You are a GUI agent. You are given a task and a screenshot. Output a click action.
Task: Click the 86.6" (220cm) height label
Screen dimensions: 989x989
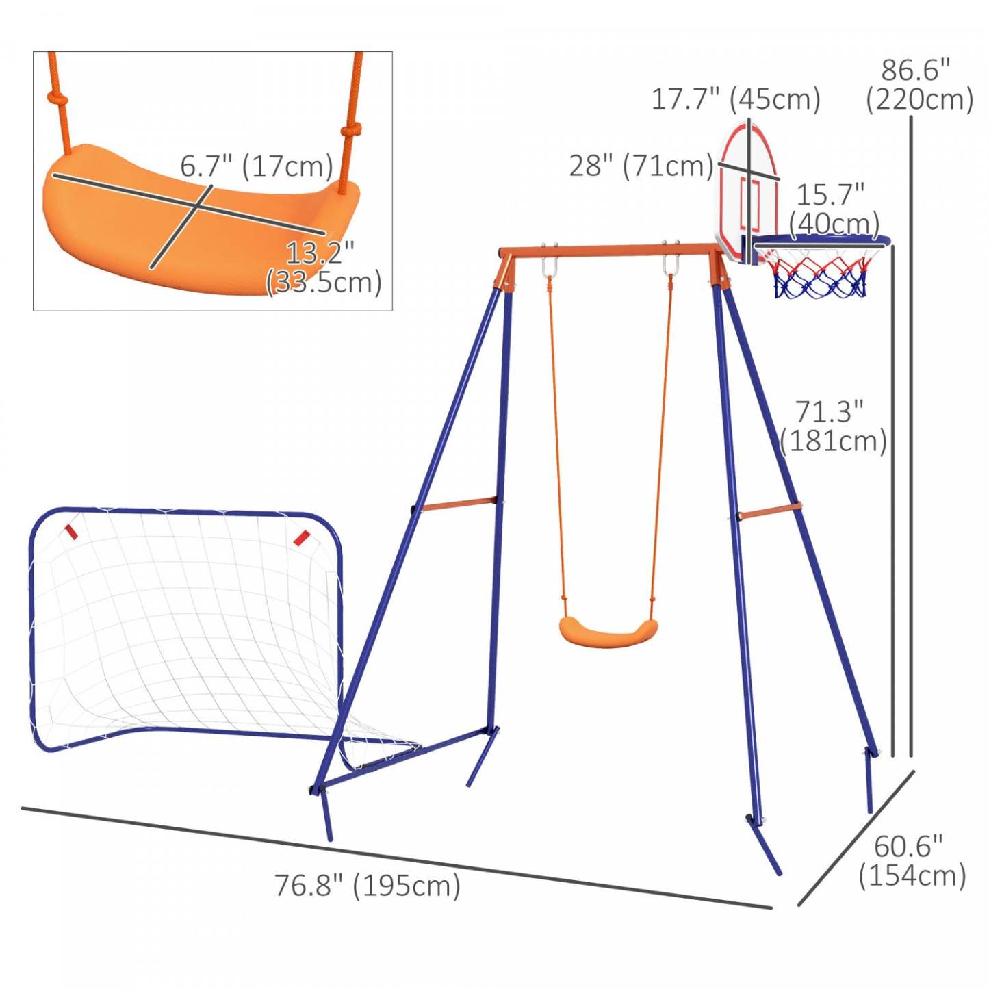[918, 86]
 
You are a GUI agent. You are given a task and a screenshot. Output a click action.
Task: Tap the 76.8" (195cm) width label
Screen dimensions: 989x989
[368, 886]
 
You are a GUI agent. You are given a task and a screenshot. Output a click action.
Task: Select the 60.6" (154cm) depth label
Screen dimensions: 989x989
[912, 861]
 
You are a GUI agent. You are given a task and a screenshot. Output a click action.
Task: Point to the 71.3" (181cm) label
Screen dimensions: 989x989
[832, 426]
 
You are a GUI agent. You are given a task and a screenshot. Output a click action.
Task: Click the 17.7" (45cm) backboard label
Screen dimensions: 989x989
[735, 100]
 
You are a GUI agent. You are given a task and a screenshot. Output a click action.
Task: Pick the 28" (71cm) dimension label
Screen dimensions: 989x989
[641, 166]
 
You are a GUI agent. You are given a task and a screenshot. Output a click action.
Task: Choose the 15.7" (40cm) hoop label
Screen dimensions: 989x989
[833, 209]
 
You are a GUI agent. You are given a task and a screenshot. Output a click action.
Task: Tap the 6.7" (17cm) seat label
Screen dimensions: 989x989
[257, 166]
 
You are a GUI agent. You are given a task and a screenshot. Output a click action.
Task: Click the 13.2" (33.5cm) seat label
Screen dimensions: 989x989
[323, 268]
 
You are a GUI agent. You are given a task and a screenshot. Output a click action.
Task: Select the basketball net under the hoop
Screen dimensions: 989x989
[820, 274]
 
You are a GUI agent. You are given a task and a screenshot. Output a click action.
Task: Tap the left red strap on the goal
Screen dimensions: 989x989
[70, 532]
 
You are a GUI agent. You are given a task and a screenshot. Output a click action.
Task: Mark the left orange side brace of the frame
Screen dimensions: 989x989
[458, 505]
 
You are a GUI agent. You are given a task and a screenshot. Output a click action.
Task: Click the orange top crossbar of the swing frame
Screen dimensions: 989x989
[609, 251]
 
